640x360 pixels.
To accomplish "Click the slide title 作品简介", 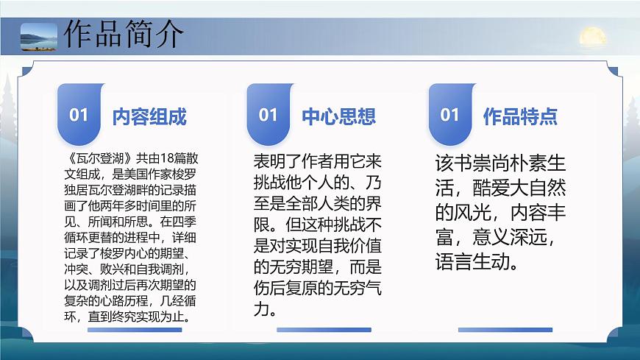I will click(x=124, y=35).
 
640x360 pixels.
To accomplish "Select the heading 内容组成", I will click(x=149, y=116).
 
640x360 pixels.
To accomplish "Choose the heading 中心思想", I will click(x=338, y=116).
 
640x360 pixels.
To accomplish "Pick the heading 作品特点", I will click(x=520, y=116).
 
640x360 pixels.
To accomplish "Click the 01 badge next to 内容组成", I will click(x=79, y=115).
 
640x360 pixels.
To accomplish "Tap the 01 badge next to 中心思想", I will click(x=269, y=115).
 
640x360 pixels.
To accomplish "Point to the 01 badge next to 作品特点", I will click(x=449, y=115).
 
